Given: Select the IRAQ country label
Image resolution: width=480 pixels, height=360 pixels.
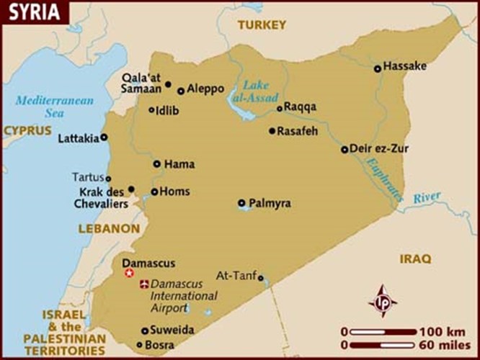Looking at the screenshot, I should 416,258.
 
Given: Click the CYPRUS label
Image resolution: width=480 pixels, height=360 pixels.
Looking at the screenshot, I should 27,131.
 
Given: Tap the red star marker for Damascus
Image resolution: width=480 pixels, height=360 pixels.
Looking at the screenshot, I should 130,274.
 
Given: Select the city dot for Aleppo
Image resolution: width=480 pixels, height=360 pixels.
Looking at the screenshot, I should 181,91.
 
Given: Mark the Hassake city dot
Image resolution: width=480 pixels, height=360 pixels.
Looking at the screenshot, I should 377,69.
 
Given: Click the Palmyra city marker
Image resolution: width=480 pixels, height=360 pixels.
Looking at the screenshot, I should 241,203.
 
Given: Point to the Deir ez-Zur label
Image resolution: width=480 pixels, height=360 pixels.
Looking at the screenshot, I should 378,149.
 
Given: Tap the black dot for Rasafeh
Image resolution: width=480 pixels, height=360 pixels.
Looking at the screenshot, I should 272,131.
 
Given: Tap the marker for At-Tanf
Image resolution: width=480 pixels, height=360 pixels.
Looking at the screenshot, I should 261,276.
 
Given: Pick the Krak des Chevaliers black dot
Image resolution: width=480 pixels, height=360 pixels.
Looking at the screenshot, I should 131,189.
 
